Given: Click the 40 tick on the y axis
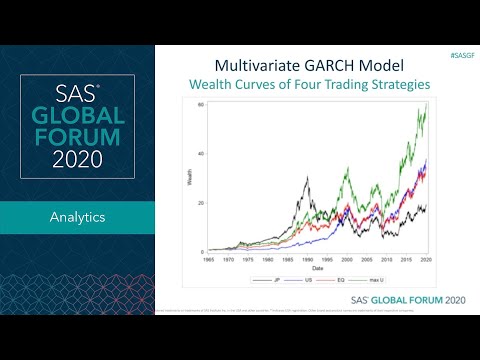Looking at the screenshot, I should (201, 153).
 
